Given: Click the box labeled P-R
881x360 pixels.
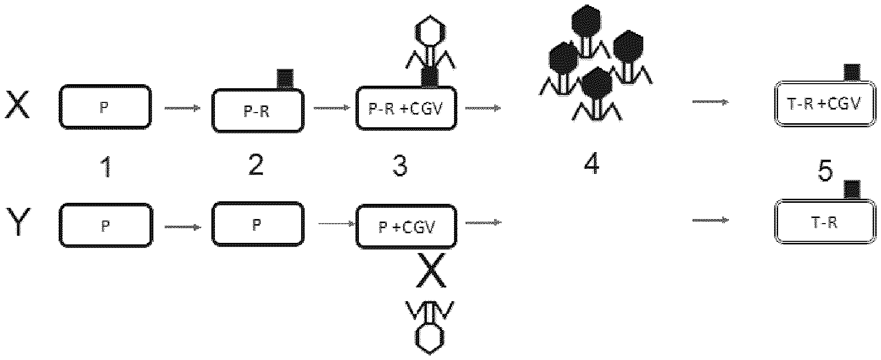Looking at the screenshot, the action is [257, 111].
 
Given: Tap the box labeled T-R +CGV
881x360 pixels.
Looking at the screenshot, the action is [825, 105].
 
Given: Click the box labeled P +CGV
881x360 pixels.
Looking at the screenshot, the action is [407, 226].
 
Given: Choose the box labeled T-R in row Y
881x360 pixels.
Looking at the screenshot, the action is [825, 222].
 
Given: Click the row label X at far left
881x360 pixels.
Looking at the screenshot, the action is [18, 108].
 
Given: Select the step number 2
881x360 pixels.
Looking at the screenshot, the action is [255, 165].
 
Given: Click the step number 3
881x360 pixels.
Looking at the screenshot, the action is [400, 165].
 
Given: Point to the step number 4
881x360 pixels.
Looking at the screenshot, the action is [592, 163].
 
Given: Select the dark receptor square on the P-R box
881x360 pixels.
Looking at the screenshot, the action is [285, 79].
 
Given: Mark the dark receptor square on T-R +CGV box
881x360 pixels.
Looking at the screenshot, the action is [852, 73].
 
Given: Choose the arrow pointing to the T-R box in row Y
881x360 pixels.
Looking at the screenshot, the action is [710, 220].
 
